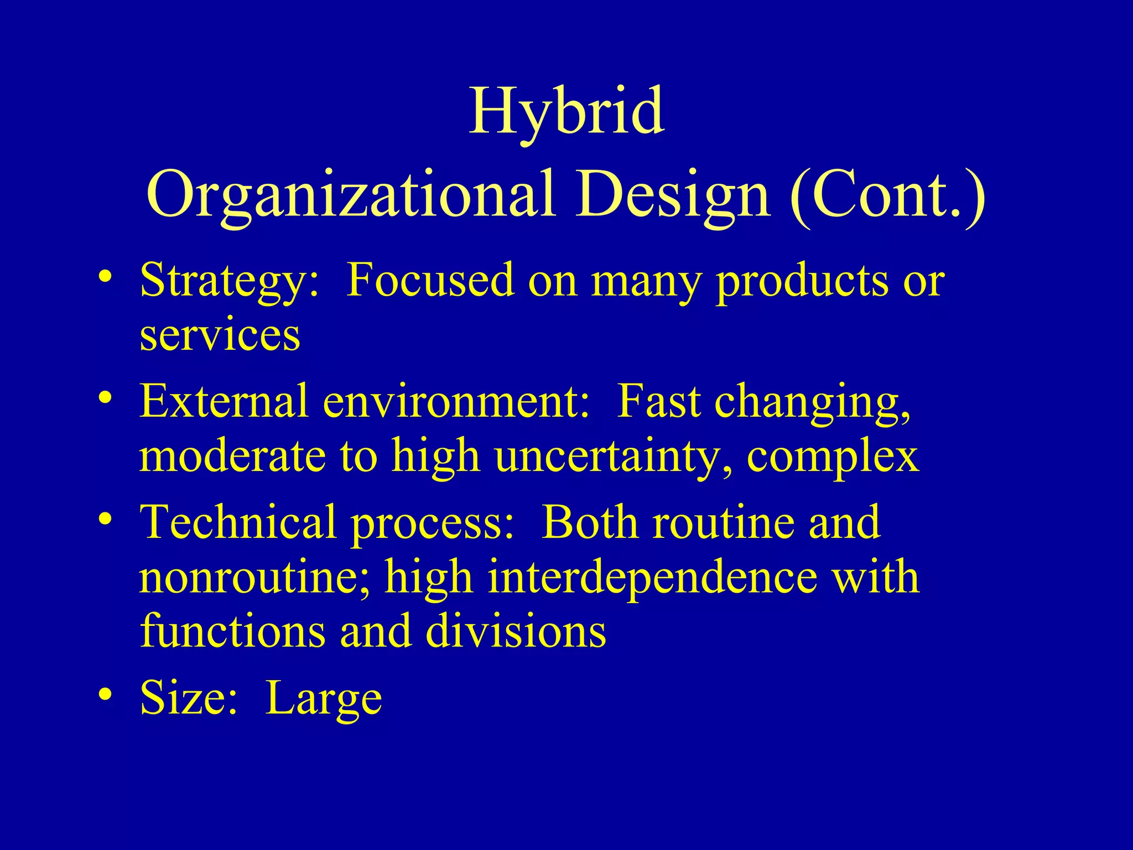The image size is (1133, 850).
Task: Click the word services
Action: (220, 335)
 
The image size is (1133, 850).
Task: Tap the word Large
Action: (324, 699)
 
